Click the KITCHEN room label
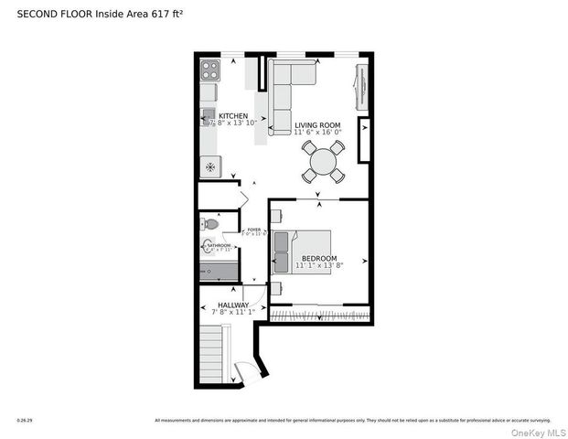pyautogui.click(x=233, y=116)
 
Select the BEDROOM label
pyautogui.click(x=319, y=258)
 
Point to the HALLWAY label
pyautogui.click(x=233, y=305)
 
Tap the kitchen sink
pyautogui.click(x=208, y=114)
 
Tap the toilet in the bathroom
pyautogui.click(x=211, y=223)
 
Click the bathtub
pyautogui.click(x=219, y=272)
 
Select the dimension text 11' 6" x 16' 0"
pyautogui.click(x=317, y=132)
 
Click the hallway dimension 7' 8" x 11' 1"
pyautogui.click(x=233, y=313)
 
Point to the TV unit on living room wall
pyautogui.click(x=360, y=88)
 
